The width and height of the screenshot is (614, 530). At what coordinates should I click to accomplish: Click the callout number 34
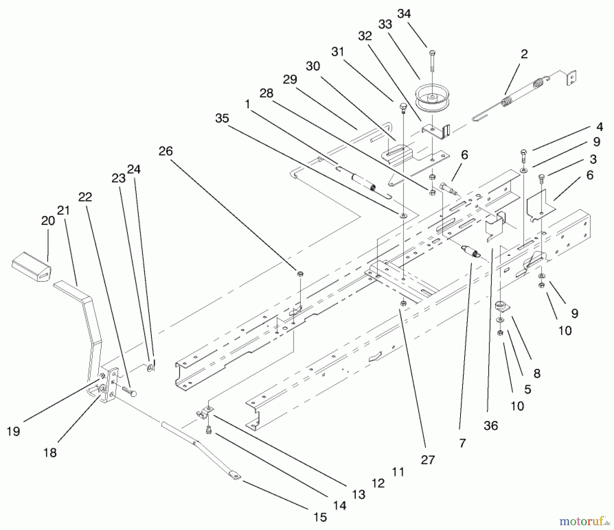(x=404, y=14)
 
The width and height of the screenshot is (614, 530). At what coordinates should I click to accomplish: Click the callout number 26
(x=166, y=151)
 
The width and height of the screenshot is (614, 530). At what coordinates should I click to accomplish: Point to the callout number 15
(x=320, y=517)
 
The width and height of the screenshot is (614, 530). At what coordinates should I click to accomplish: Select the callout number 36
(x=491, y=425)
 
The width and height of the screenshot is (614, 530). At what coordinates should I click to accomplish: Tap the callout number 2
(x=524, y=54)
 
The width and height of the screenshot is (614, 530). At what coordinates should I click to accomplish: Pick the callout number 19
(x=14, y=432)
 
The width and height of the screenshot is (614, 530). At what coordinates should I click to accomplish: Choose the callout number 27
(x=428, y=460)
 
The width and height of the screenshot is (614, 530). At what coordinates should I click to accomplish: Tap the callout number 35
(x=222, y=119)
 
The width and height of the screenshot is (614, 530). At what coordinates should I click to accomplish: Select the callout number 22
(x=85, y=197)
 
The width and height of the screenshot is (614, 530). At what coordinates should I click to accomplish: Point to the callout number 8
(x=537, y=374)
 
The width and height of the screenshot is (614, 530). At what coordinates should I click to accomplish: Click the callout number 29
(x=290, y=80)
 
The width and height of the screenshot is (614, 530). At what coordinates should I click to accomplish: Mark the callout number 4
(x=599, y=127)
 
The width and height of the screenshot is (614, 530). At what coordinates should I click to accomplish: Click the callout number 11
(x=398, y=472)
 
